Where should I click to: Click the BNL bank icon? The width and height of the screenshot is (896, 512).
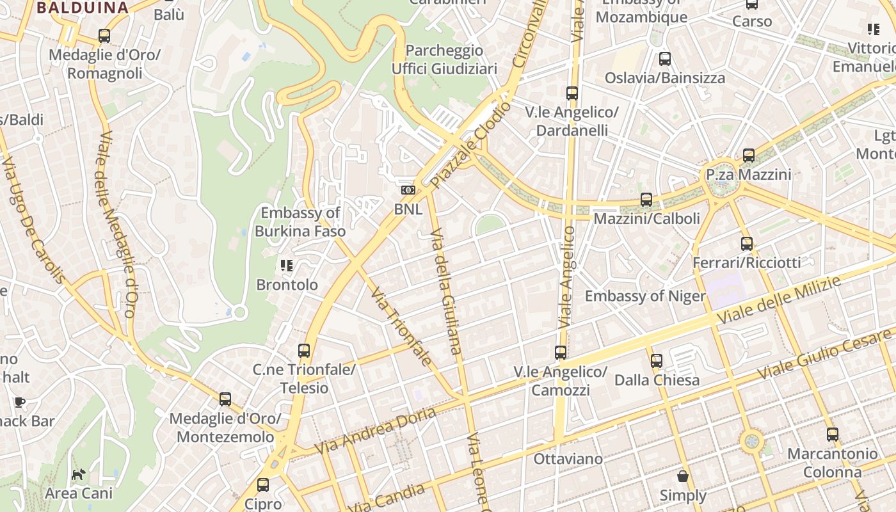tap(408, 190)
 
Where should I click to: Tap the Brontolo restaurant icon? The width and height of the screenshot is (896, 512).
tap(286, 265)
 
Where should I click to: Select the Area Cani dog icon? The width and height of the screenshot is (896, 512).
tap(78, 474)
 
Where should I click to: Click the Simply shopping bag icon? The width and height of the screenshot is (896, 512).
tap(683, 476)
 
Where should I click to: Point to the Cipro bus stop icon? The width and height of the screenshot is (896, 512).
tap(263, 485)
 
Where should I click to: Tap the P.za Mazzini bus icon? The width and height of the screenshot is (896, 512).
tap(748, 155)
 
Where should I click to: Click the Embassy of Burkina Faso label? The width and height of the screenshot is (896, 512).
tap(300, 222)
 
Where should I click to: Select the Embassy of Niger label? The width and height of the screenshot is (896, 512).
tap(644, 296)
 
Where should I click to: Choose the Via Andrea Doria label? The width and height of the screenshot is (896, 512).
tap(376, 429)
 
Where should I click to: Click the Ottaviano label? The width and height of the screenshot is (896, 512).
tap(568, 459)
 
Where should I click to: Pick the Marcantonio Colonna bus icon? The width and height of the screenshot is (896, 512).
tap(832, 435)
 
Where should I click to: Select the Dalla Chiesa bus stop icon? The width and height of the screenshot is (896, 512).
tap(657, 360)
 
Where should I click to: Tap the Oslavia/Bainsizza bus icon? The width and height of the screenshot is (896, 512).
tap(665, 59)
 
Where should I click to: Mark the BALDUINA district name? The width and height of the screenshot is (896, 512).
tap(83, 8)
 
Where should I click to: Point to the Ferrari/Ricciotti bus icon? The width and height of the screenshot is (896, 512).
tap(746, 243)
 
